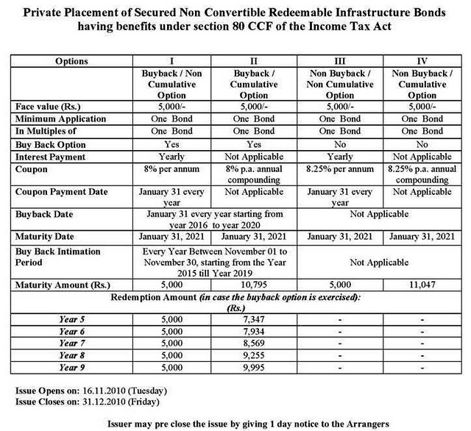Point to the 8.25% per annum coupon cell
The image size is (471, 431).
click(x=339, y=169)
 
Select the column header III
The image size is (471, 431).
click(x=339, y=61)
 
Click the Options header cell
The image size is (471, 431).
click(x=71, y=61)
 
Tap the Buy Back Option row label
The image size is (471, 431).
click(x=52, y=145)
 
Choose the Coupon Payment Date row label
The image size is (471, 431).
click(x=61, y=192)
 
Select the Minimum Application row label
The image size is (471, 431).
click(x=61, y=119)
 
